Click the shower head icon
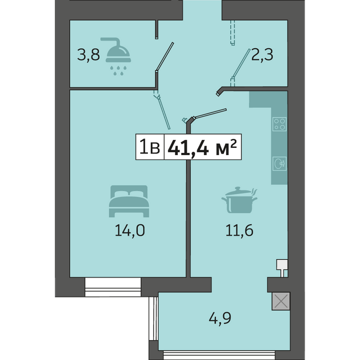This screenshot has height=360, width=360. click(x=118, y=56)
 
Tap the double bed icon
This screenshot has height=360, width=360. click(x=129, y=201)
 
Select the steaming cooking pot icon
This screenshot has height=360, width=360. click(x=239, y=200)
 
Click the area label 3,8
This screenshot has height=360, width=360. click(x=89, y=55)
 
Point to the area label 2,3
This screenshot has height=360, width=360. click(x=262, y=55)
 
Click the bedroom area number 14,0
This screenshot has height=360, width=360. click(x=130, y=230)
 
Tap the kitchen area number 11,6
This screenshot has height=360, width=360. click(x=239, y=230)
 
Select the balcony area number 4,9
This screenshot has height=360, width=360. click(x=220, y=318)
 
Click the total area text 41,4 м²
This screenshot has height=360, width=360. click(x=202, y=147)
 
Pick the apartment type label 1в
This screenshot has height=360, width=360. click(x=150, y=147)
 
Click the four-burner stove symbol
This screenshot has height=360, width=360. click(x=279, y=124)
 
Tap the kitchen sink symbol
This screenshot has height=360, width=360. click(x=279, y=163)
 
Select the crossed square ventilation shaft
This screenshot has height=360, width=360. click(x=281, y=301)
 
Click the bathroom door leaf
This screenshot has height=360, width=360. click(x=164, y=56)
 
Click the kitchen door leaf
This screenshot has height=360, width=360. click(x=210, y=114)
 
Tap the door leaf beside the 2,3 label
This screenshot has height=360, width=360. click(x=241, y=63)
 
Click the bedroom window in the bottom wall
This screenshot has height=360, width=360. click(x=113, y=287)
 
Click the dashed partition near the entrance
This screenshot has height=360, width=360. click(x=233, y=33)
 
